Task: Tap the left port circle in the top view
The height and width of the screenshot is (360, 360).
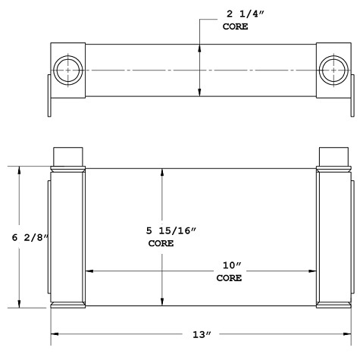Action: [68, 70]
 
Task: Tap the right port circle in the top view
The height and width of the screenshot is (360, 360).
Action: [332, 70]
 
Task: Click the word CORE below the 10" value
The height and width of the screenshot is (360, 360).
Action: [228, 278]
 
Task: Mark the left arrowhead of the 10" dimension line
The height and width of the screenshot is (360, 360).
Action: [89, 271]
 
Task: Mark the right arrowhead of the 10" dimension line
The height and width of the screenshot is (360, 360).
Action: [312, 271]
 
